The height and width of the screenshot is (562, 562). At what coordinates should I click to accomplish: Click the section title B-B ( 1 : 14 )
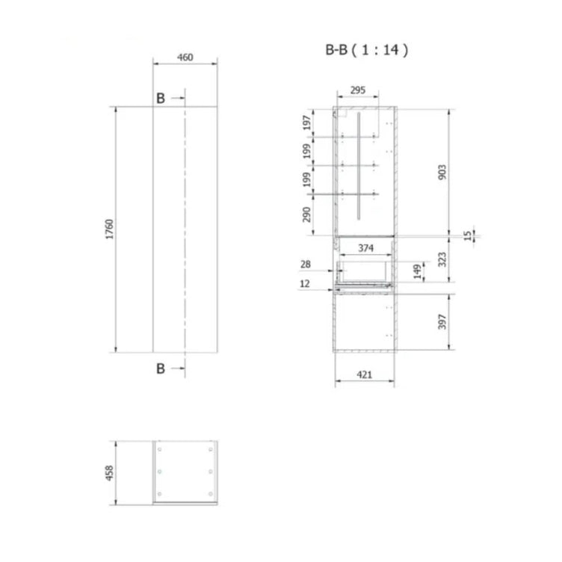pos(366,49)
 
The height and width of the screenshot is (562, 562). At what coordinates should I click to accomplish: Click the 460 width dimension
pos(185,58)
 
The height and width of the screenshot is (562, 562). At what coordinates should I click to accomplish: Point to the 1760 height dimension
pos(109,229)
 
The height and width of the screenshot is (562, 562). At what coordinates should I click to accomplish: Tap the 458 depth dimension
pos(109,473)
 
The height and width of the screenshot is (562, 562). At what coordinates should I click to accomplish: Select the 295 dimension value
pos(358,90)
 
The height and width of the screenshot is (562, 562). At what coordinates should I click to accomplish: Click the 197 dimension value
pos(307,123)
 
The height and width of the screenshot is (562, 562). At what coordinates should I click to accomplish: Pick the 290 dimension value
pos(307,214)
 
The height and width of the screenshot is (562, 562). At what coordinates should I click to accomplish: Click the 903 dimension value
pos(442,172)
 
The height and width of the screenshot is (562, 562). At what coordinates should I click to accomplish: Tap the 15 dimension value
pos(468,235)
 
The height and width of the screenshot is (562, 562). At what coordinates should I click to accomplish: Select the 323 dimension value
pos(442,259)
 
